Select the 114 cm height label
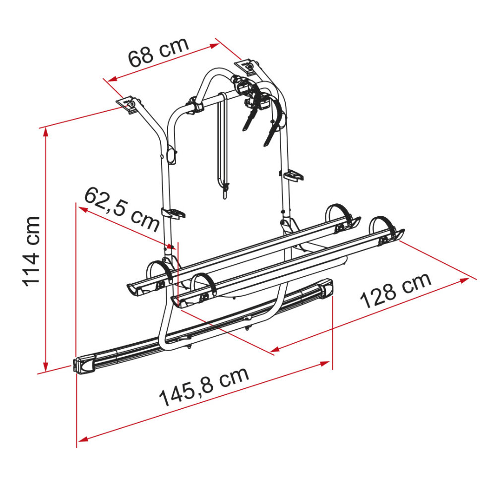click(x=31, y=252)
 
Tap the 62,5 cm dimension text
click(x=122, y=209)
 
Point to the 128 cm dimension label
click(x=396, y=290)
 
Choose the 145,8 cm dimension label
click(x=204, y=386)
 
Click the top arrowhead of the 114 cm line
click(x=46, y=132)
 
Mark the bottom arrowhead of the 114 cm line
click(x=46, y=367)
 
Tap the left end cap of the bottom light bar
click(x=85, y=365)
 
